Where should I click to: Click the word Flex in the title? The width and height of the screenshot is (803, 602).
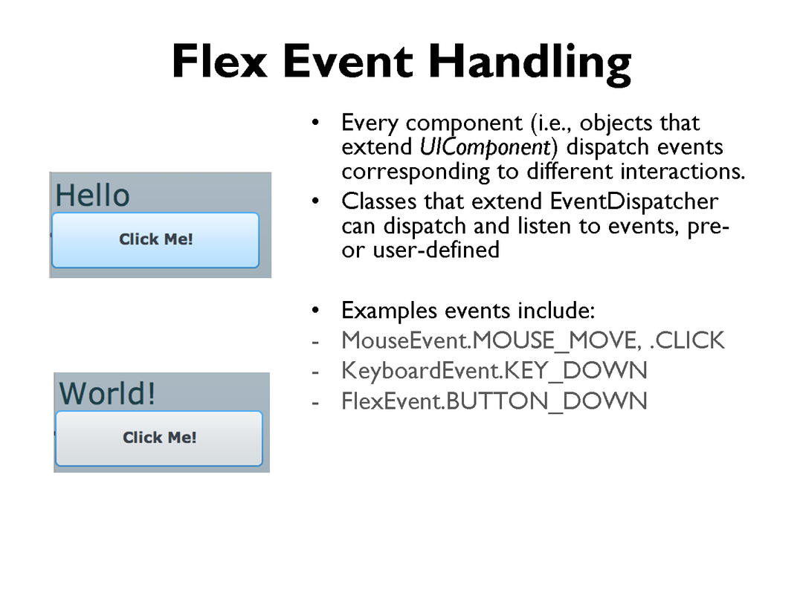219,61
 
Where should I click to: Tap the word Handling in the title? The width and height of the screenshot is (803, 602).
530,63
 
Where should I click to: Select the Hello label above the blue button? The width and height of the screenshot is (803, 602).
92,195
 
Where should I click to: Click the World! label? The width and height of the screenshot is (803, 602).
107,393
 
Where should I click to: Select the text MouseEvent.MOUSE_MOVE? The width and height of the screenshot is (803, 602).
491,341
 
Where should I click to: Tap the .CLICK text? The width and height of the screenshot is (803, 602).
687,340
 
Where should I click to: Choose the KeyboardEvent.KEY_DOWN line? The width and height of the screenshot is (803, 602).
494,371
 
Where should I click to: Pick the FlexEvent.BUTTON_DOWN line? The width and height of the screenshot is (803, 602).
494,401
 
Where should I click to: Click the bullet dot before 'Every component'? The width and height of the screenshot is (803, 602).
315,123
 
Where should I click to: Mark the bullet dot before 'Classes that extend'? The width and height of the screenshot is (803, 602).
315,201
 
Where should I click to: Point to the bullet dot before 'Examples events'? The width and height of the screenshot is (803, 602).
315,310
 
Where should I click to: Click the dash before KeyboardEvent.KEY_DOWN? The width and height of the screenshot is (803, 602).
315,372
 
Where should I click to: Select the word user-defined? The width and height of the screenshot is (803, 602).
436,250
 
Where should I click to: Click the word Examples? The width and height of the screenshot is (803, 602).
389,311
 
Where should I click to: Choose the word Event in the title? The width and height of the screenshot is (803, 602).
348,62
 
